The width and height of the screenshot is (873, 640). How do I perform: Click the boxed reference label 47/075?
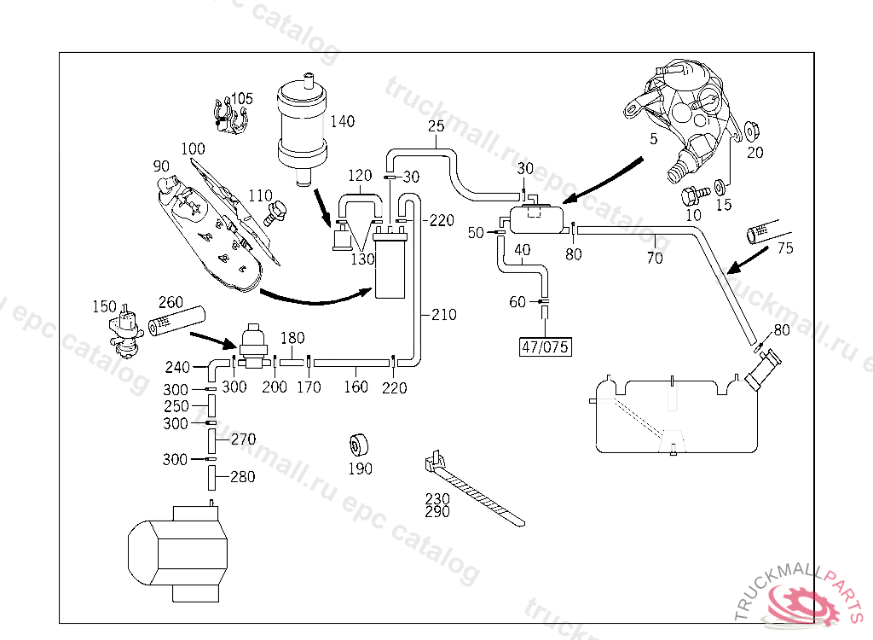click(x=545, y=346)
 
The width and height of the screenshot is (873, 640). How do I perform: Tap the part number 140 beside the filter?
click(x=343, y=121)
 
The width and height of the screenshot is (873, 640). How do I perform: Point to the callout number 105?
click(x=241, y=99)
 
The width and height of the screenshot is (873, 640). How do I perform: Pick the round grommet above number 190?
click(x=359, y=445)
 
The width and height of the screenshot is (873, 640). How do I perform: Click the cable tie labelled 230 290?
click(x=473, y=489)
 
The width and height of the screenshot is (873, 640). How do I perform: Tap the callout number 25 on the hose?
click(x=436, y=126)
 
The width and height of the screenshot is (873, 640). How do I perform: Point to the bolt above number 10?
click(x=695, y=195)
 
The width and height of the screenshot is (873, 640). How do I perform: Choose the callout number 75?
click(x=785, y=248)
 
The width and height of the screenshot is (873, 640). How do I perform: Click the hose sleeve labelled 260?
click(x=176, y=322)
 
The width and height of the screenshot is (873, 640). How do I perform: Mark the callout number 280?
click(x=243, y=477)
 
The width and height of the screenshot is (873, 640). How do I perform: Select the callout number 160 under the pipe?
click(x=356, y=387)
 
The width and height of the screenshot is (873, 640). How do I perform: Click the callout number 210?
click(x=443, y=314)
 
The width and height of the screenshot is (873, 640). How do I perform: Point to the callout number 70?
click(x=655, y=258)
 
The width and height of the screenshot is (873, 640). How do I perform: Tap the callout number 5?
click(x=654, y=138)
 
